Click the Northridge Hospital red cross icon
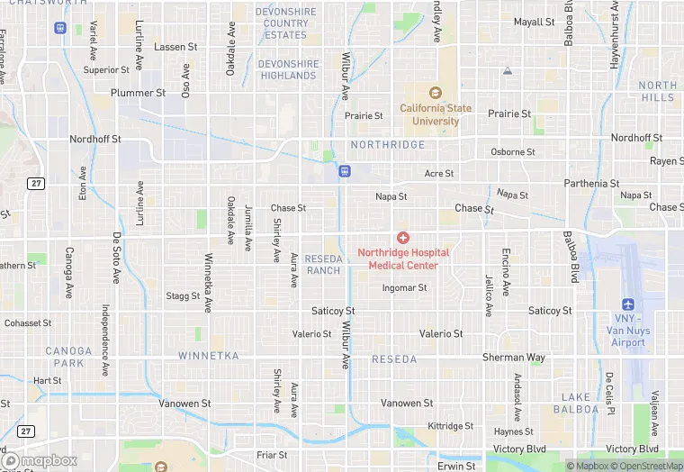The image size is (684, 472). click(403, 237)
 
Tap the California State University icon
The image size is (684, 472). click(436, 93)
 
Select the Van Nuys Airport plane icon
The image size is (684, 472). click(628, 304)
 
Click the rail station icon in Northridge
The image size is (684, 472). click(344, 171)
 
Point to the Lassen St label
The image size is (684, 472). click(175, 47)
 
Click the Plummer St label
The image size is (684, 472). click(138, 93)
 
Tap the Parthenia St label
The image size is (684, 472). click(591, 184)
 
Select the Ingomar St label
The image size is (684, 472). click(404, 288)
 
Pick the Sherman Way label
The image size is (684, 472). click(514, 358)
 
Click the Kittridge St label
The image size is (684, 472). click(450, 426)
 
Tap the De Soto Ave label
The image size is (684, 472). click(116, 258)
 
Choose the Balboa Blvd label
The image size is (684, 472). click(571, 257)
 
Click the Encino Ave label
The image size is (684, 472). click(506, 272)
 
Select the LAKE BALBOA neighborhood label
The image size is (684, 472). click(580, 403)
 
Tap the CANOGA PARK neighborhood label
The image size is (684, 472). click(68, 358)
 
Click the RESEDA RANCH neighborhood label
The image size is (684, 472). click(323, 265)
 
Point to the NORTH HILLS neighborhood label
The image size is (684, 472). click(657, 91)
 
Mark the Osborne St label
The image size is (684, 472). click(513, 152)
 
